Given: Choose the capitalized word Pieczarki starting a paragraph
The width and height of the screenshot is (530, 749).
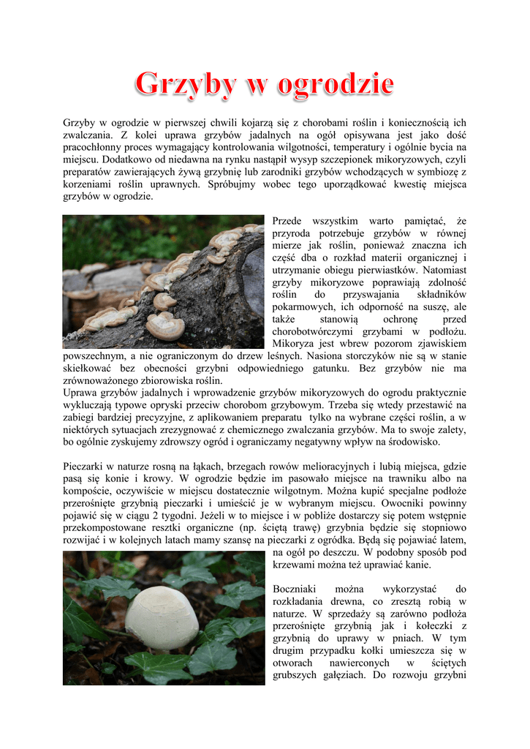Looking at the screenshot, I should [87, 467].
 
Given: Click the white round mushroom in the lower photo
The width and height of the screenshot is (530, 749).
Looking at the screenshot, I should [162, 617].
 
